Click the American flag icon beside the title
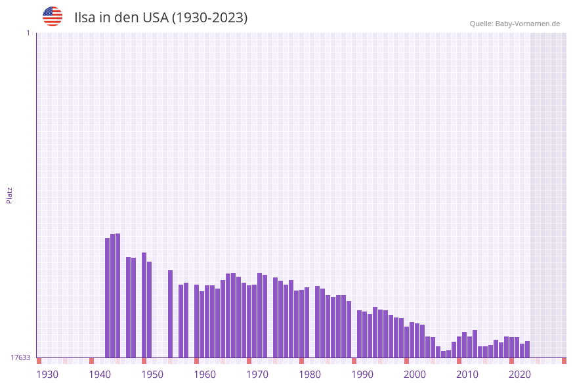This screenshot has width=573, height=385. [x=53, y=16]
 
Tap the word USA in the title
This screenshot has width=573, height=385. [x=155, y=18]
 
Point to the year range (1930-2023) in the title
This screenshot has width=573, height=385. [x=209, y=18]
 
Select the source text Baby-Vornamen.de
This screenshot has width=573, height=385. [x=528, y=24]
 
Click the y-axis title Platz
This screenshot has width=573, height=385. [x=10, y=195]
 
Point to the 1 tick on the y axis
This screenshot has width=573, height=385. [x=28, y=33]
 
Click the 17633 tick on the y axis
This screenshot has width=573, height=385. [x=20, y=357]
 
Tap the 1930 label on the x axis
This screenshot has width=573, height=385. [x=47, y=375]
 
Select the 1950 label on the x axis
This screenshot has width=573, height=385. [x=152, y=375]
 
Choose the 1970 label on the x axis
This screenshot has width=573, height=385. [x=257, y=375]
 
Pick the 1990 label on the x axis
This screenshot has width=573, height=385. [x=362, y=375]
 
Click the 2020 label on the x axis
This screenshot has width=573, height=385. [x=520, y=375]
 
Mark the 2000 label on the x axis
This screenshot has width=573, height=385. [x=415, y=375]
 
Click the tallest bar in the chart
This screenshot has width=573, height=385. [x=118, y=295]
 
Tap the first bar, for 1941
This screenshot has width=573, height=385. [x=108, y=298]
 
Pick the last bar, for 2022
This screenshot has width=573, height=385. [x=527, y=349]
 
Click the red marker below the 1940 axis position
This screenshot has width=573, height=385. [x=92, y=361]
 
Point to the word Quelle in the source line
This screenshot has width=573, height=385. [x=481, y=24]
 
